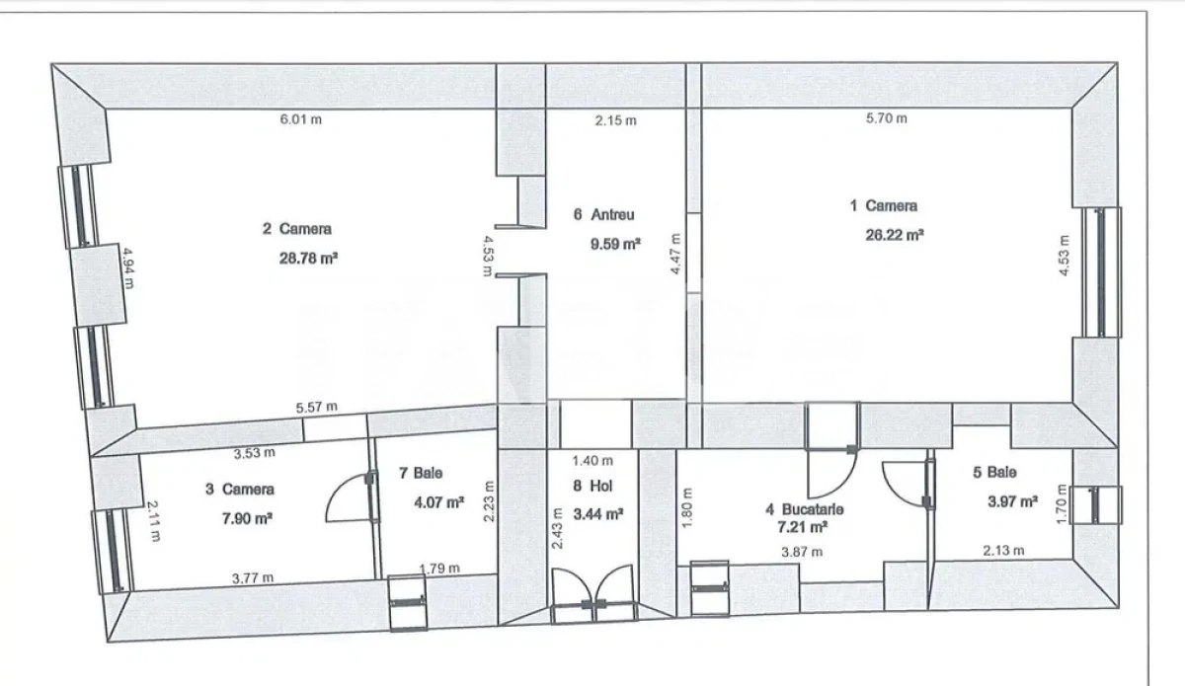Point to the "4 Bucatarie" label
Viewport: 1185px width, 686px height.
coord(805,509)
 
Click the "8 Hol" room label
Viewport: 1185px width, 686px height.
coord(591,485)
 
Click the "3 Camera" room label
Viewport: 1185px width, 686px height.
coord(240,489)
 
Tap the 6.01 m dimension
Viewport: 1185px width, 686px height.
coord(301,119)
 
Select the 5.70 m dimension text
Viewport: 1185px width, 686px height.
coord(886,118)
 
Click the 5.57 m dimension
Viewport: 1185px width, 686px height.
coord(316,407)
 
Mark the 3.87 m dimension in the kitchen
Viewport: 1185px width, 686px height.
coord(801,552)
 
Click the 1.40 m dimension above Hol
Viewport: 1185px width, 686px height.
coord(592,460)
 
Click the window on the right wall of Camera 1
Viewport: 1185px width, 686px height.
coord(1096,271)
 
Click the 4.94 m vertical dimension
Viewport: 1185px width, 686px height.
coord(128,267)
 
